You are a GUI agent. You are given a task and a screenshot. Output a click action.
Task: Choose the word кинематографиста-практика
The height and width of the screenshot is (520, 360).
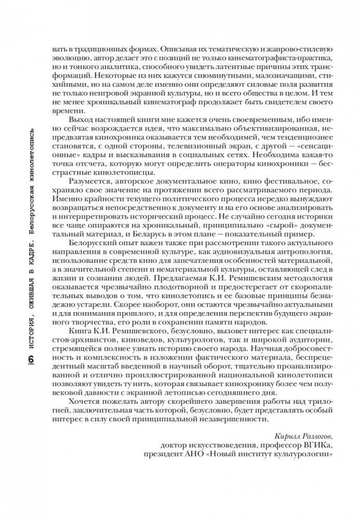pos(277,59)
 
